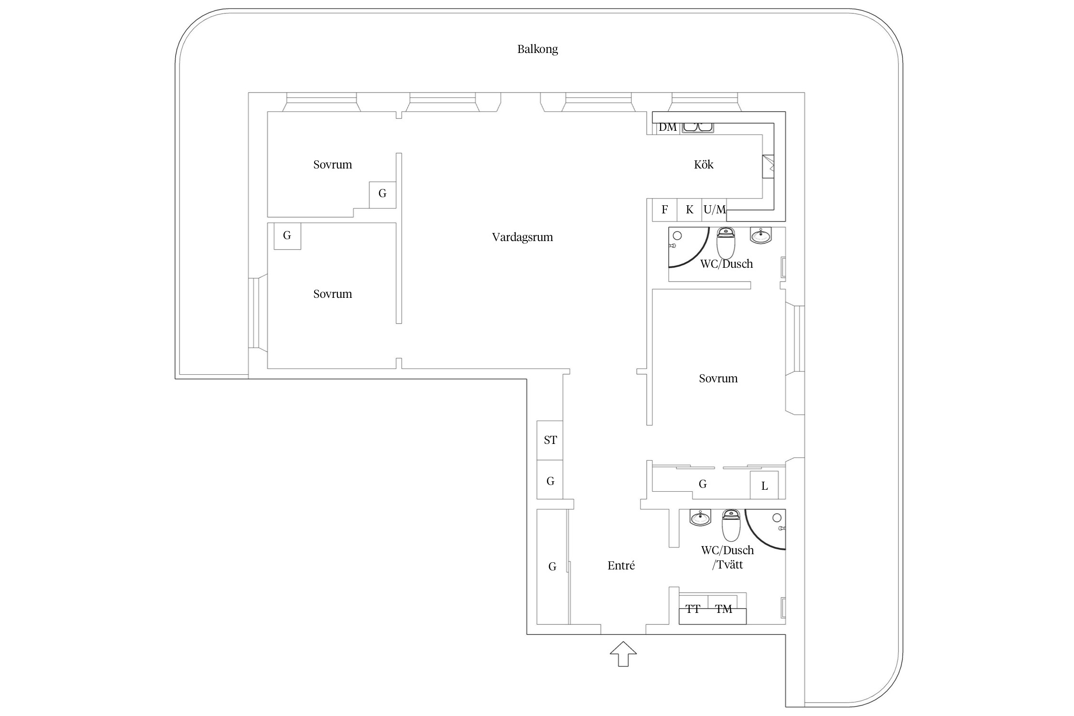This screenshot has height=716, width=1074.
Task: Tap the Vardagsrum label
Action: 522,237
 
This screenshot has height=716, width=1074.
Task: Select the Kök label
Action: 703,165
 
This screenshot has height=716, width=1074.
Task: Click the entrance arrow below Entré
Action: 623,653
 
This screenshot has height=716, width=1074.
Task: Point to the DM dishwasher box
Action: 668,127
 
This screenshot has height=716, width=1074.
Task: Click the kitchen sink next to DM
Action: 698,127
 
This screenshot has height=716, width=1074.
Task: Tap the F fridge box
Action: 664,210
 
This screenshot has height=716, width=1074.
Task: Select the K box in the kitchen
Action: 689,210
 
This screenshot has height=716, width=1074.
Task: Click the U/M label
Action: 715,210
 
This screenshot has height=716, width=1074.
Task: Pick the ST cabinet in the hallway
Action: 550,440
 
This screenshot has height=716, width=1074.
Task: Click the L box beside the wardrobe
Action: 764,485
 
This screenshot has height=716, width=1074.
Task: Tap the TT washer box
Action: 693,609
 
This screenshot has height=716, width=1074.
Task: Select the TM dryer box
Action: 724,609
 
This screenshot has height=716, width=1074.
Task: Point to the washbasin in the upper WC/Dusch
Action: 760,235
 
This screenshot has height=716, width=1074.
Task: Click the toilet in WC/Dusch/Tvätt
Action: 731,525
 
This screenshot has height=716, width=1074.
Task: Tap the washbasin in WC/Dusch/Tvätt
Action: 700,517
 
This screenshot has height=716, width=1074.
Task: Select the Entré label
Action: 621,566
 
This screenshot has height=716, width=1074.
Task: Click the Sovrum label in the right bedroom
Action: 718,379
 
